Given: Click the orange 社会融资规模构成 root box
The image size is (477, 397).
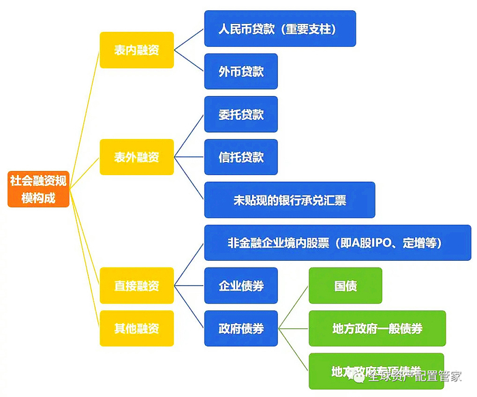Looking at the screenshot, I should (38, 189).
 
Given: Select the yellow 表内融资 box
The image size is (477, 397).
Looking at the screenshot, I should (136, 50).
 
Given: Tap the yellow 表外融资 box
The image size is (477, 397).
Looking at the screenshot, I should (136, 157).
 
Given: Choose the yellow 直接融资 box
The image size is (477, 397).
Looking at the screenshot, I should (136, 285).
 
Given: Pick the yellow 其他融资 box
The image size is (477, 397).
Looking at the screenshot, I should (136, 328).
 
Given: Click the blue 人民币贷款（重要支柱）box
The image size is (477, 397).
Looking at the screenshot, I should (279, 29).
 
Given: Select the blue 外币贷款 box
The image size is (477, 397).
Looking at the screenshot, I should (241, 72).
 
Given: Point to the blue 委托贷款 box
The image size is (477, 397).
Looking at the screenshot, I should (241, 114).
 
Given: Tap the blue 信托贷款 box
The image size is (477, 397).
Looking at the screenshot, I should (241, 157).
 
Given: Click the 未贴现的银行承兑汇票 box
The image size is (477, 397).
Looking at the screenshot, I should (290, 200).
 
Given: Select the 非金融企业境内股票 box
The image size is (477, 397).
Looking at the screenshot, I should (337, 242).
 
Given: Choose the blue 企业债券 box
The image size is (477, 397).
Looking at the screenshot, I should (241, 285).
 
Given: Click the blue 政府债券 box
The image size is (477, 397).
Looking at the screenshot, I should (241, 328).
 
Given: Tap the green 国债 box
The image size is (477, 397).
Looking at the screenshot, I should (345, 285).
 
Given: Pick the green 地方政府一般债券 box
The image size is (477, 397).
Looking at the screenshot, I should (377, 328).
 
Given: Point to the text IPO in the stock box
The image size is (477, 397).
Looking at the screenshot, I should (384, 242).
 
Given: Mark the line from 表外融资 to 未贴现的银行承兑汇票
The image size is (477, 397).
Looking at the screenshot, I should (189, 178).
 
